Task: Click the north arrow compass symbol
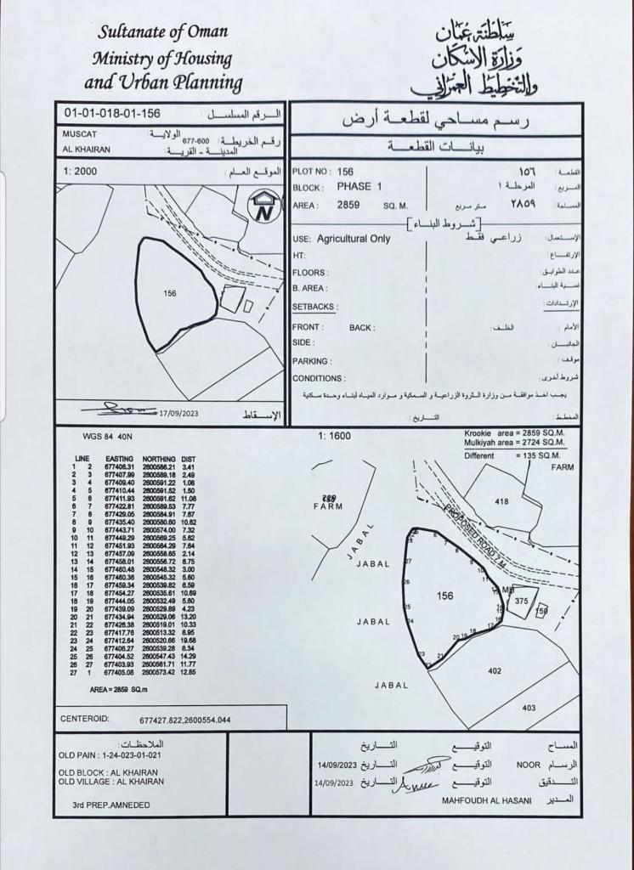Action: [x=263, y=206]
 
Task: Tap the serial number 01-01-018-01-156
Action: [x=112, y=113]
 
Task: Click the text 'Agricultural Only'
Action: [x=354, y=239]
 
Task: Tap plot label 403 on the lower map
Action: [x=529, y=707]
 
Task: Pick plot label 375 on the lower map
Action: [x=521, y=600]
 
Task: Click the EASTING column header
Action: [x=120, y=459]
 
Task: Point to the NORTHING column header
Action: [x=158, y=459]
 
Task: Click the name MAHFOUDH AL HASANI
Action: [x=486, y=799]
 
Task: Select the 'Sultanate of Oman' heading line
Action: [x=163, y=32]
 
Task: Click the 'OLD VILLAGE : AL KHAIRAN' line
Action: [x=110, y=781]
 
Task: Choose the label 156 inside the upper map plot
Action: [x=168, y=293]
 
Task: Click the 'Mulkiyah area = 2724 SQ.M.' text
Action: [x=515, y=443]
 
